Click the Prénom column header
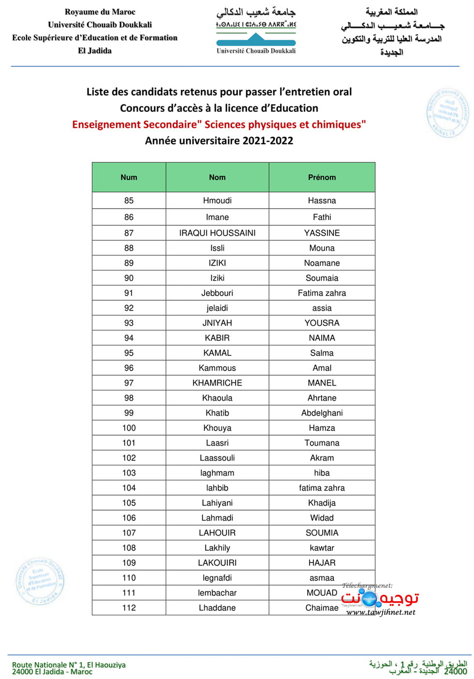322,178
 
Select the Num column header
129,178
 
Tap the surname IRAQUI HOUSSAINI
217,233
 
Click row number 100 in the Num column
129,428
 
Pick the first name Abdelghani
322,413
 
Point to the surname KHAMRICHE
217,383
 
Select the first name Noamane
322,263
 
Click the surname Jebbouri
217,293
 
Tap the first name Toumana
322,443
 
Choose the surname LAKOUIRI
217,563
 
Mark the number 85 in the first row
129,200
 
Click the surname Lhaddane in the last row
217,608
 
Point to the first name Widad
322,518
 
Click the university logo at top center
256,30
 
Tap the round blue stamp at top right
448,113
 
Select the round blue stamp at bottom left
40,581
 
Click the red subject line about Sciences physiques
219,124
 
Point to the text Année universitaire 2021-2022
219,141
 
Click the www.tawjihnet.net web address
381,612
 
